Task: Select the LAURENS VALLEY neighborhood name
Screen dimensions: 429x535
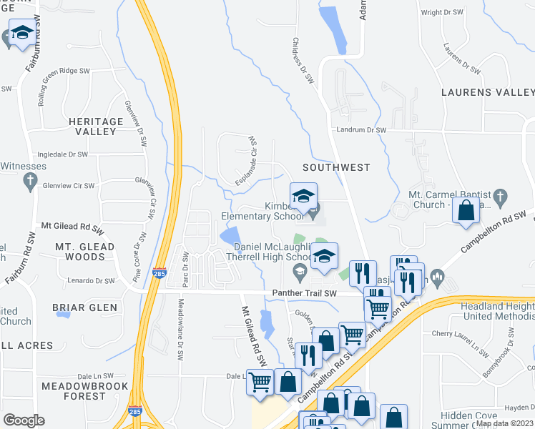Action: pos(488,92)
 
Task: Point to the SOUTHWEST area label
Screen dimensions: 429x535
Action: pos(336,167)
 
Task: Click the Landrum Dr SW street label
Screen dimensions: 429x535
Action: pos(362,130)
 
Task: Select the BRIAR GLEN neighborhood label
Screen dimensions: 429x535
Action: pos(84,307)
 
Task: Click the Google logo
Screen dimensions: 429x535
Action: pos(24,420)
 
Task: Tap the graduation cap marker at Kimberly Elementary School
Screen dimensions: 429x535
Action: pos(303,196)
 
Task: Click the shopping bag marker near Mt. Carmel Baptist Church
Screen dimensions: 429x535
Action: pos(466,212)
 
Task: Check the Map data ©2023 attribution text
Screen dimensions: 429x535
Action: pos(504,423)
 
